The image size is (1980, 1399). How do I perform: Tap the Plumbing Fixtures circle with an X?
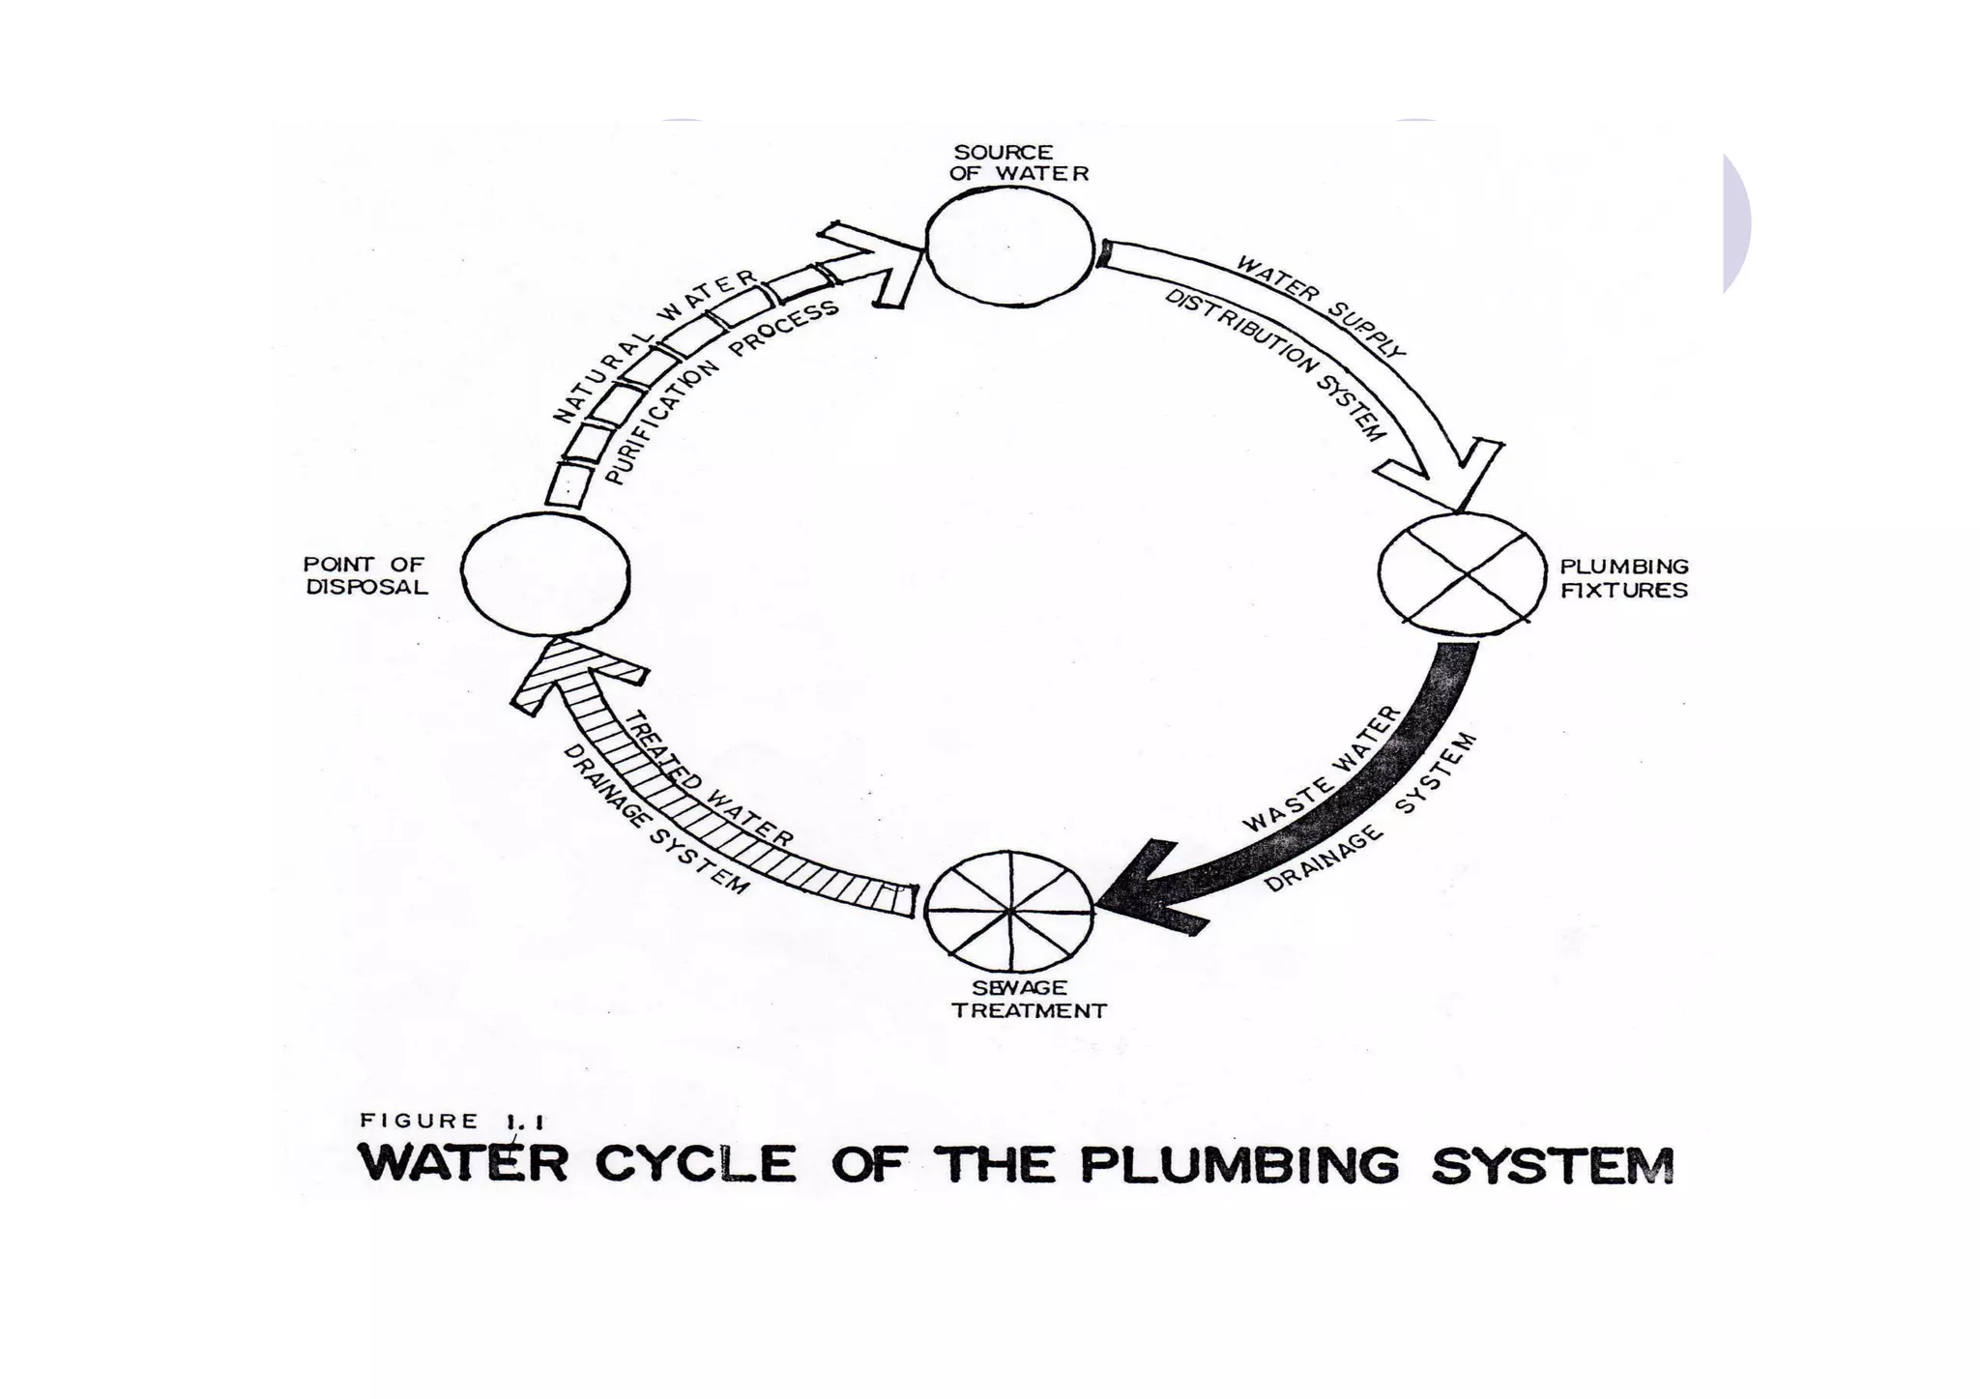pyautogui.click(x=1462, y=575)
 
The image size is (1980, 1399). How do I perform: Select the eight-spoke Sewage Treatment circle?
pyautogui.click(x=1008, y=910)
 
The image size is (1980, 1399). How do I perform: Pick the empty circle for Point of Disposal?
pyautogui.click(x=545, y=574)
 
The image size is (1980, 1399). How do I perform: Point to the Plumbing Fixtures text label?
pyautogui.click(x=1623, y=578)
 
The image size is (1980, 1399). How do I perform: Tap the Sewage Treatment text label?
pyautogui.click(x=1028, y=1000)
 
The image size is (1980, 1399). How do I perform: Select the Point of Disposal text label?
pyautogui.click(x=365, y=575)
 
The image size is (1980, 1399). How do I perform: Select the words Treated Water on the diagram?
pyautogui.click(x=710, y=779)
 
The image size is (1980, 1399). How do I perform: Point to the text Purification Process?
pyautogui.click(x=719, y=392)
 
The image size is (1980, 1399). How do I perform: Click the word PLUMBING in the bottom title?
pyautogui.click(x=1238, y=1164)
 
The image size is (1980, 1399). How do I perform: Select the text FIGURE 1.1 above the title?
pyautogui.click(x=451, y=1122)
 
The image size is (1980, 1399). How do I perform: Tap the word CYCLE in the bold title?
pyautogui.click(x=695, y=1164)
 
